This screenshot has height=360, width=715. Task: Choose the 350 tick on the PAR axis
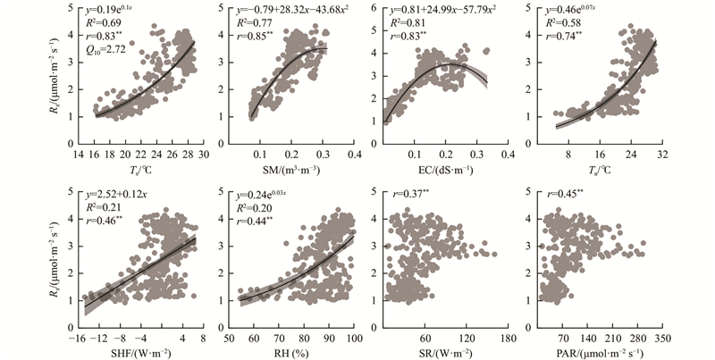click(661, 339)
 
